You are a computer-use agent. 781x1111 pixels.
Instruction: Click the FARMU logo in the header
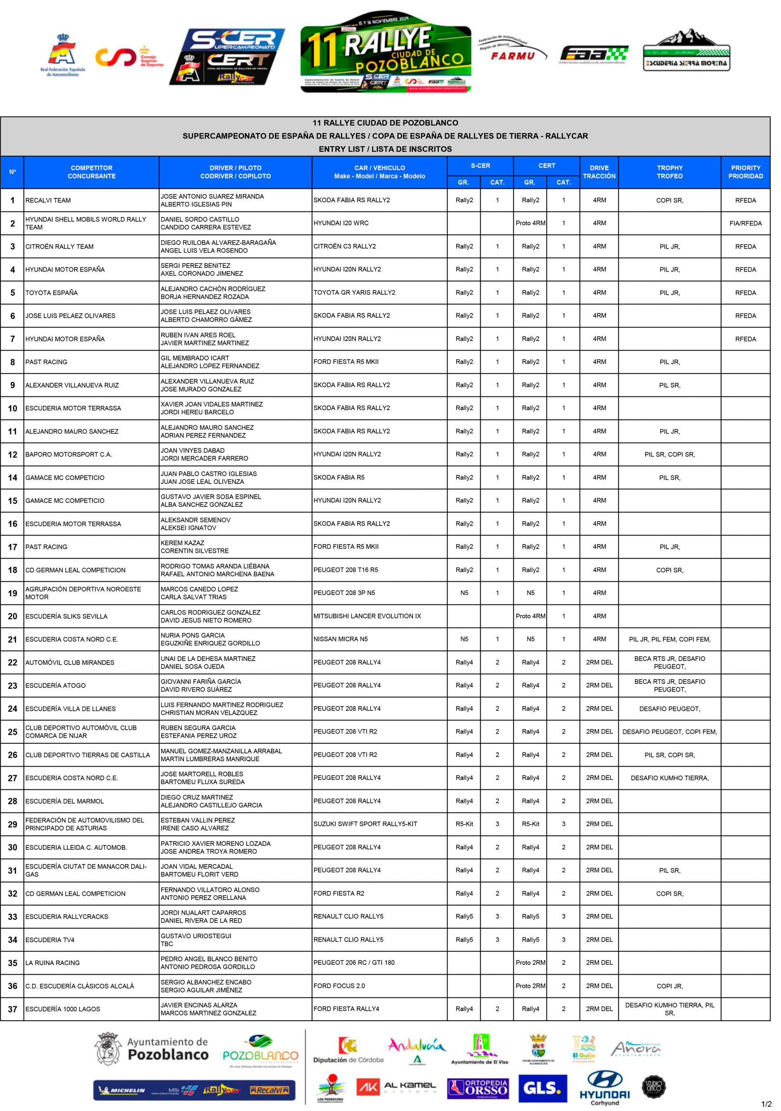click(x=512, y=52)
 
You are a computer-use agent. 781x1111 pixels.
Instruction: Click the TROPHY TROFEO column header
click(x=669, y=172)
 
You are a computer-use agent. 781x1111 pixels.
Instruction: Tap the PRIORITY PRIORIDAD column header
click(x=745, y=172)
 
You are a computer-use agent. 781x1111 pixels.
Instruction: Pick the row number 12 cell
click(x=13, y=454)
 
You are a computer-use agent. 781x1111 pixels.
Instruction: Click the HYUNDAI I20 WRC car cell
click(x=341, y=223)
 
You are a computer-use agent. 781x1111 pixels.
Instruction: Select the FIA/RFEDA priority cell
click(x=745, y=223)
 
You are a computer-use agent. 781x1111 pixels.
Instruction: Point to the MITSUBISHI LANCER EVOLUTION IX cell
click(x=367, y=616)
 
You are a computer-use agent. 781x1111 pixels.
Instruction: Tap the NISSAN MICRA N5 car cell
click(x=340, y=639)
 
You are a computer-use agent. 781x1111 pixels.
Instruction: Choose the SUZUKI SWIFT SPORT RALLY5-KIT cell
click(x=365, y=824)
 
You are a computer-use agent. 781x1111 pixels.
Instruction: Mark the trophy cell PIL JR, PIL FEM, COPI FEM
click(x=669, y=639)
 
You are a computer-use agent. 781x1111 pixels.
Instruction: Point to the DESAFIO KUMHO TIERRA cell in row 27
click(x=669, y=778)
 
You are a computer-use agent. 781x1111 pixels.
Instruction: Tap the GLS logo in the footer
click(x=542, y=1088)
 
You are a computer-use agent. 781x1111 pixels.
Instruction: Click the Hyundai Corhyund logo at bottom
click(x=604, y=1089)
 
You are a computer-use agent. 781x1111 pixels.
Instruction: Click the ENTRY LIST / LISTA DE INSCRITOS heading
click(x=385, y=149)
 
